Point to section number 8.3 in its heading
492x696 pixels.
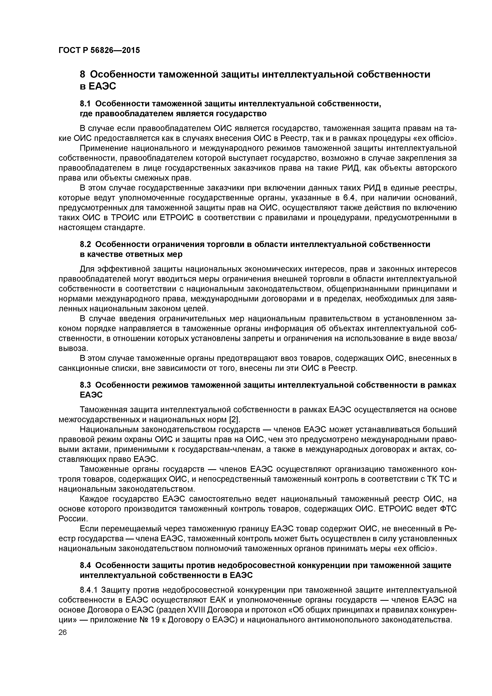tap(86, 385)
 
